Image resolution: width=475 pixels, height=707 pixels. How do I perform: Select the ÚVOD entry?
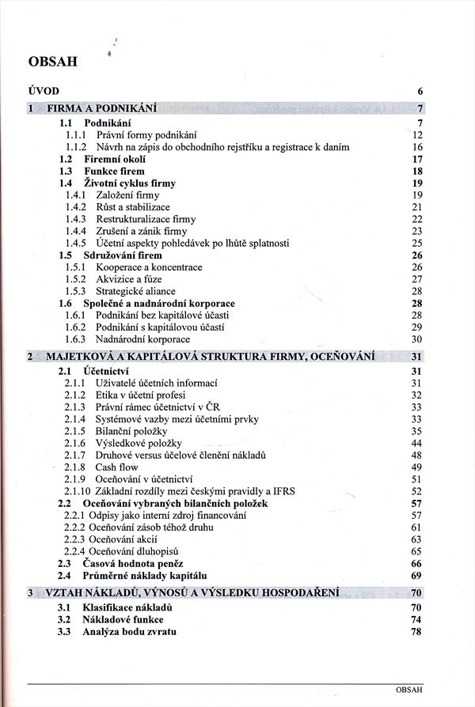[44, 90]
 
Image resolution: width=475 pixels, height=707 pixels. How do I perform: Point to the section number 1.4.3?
[76, 219]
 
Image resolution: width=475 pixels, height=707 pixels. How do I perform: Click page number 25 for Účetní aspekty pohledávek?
[417, 243]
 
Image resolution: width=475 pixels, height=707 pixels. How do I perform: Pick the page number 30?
[417, 339]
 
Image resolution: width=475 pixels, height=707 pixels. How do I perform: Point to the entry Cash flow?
[117, 467]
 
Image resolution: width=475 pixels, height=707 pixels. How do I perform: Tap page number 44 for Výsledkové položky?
[417, 443]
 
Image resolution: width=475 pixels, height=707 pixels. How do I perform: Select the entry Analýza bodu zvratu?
[129, 632]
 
